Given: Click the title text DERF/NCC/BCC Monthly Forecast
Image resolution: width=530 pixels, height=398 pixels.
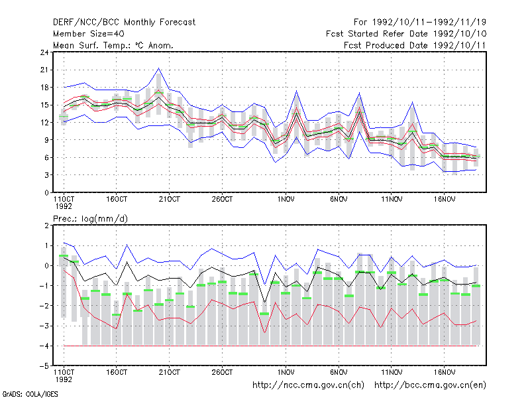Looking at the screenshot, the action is point(124,23).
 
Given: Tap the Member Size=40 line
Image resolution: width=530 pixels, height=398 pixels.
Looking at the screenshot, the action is point(89,34).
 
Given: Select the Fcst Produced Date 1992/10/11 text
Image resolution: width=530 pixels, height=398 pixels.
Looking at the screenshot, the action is point(415,45).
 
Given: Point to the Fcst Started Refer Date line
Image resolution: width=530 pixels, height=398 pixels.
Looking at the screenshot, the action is point(406,34).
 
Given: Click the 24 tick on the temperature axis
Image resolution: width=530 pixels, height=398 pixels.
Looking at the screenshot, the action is point(44,52).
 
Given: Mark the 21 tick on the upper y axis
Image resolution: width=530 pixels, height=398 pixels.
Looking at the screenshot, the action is point(44,70).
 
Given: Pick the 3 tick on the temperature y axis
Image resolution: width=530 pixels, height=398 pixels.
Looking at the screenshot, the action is point(46,175).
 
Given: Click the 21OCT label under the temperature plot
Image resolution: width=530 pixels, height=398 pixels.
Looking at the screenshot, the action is point(169,200).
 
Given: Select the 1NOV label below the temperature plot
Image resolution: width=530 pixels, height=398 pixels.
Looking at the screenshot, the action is point(286,200).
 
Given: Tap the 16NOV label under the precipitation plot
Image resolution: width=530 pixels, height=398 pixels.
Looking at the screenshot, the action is point(444,372).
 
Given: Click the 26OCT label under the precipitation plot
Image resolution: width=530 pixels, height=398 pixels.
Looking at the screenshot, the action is point(222,372).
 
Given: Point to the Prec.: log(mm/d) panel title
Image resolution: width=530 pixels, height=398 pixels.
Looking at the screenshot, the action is point(90,219).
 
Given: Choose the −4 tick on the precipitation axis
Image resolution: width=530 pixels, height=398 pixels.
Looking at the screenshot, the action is point(44,346).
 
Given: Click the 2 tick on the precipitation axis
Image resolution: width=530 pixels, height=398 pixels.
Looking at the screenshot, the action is point(46,226).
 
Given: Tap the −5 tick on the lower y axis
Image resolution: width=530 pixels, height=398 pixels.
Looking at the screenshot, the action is point(44,366).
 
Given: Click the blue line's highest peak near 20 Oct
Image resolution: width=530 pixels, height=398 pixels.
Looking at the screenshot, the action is point(158,68).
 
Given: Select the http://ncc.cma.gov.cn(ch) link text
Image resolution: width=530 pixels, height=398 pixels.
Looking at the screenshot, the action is point(308,385).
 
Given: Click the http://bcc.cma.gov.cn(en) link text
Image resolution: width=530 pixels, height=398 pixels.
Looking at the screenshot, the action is point(430,385).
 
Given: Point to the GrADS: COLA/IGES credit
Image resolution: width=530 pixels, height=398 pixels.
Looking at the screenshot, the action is point(30,394).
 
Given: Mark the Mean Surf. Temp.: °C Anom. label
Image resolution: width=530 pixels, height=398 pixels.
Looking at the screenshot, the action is point(113,45).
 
